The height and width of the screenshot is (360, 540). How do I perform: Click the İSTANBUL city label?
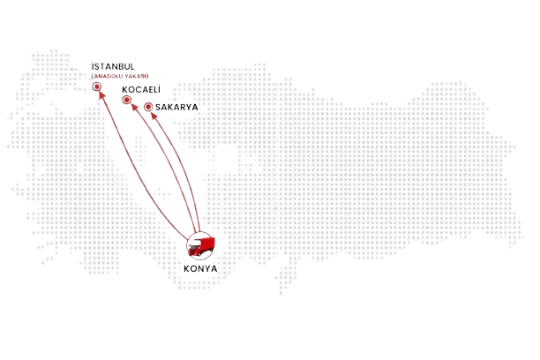pos(113,66)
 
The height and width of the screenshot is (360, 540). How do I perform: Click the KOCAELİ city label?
pos(141,90)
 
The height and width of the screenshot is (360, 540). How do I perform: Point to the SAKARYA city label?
pos(176,107)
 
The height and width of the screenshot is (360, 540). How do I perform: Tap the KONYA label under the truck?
pos(200,269)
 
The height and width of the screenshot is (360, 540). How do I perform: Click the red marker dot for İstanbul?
pos(97,86)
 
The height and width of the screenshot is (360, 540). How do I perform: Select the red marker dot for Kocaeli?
pos(127,100)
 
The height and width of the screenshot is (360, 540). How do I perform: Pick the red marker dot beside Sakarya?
pos(148,107)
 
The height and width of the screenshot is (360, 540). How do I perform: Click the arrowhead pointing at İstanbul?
pos(101,94)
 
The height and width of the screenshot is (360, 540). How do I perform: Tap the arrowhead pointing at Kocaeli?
pos(135,108)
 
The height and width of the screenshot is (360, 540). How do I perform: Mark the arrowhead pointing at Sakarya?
pos(154,116)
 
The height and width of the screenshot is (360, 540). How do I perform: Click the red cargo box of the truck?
pos(207,244)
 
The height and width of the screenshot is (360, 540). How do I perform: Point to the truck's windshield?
pos(194,246)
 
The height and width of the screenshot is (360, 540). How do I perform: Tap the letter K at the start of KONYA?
pos(186,269)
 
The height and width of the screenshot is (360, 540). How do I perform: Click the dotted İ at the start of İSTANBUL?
pos(93,66)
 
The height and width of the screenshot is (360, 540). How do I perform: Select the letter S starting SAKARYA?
pos(158,107)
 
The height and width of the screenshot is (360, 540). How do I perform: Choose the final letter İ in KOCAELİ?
pos(159,90)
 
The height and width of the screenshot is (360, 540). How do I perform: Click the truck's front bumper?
pos(194,253)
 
